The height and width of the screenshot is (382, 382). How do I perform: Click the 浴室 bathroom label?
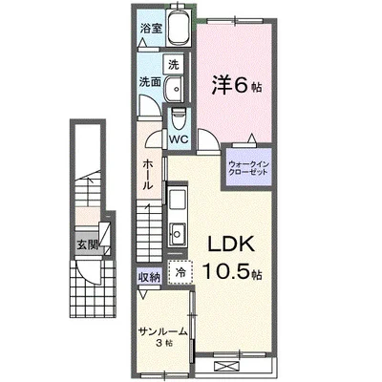click(x=151, y=29)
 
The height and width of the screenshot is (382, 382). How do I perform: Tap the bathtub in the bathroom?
click(x=179, y=28)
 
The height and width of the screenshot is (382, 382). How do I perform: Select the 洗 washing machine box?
click(x=174, y=65)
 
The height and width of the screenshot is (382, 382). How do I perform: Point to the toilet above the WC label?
click(x=178, y=118)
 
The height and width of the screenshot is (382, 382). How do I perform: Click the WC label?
click(x=179, y=139)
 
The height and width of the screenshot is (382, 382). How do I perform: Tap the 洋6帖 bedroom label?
click(x=237, y=86)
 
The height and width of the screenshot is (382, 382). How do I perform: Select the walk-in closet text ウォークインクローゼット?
click(x=249, y=168)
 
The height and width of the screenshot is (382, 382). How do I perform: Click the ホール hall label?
click(x=147, y=175)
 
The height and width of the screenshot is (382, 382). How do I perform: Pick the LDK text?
click(x=232, y=244)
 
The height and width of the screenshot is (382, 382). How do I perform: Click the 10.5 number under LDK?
click(x=228, y=270)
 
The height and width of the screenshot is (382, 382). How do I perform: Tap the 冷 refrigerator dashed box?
click(x=180, y=272)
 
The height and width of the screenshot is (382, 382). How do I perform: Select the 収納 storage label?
click(x=149, y=278)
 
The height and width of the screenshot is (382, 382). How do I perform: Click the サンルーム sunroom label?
click(x=162, y=332)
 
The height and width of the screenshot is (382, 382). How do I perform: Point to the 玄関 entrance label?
click(x=87, y=244)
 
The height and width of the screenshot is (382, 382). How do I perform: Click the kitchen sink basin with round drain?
click(x=177, y=234)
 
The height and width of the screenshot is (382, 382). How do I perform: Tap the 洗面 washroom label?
click(x=150, y=82)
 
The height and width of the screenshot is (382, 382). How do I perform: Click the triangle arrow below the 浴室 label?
click(x=143, y=43)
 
